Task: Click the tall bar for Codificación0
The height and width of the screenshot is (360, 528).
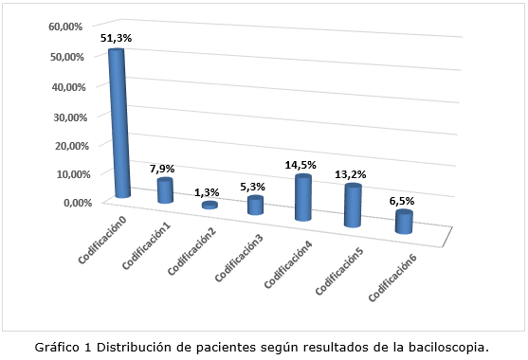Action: [117, 123]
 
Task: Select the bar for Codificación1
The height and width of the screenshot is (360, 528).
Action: [165, 190]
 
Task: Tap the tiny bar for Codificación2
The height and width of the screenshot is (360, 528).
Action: [209, 205]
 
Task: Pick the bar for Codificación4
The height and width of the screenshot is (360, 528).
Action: [303, 198]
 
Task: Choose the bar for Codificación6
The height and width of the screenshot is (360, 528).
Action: [404, 222]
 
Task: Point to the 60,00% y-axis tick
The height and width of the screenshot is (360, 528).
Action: [66, 27]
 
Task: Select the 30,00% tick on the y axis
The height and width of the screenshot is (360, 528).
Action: [66, 116]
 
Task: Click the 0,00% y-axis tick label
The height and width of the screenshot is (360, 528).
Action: [70, 203]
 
